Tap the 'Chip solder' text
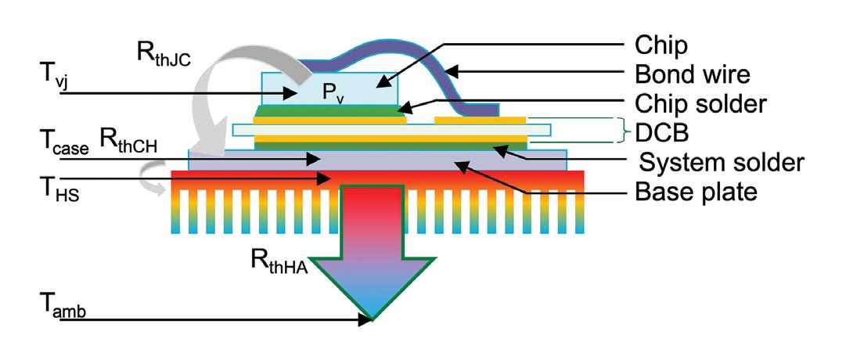[x=700, y=103]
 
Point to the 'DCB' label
[x=661, y=131]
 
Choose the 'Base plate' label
[x=696, y=191]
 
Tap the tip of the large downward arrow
[x=373, y=318]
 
